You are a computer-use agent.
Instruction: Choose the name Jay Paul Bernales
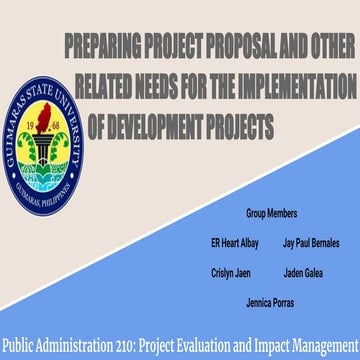(311, 243)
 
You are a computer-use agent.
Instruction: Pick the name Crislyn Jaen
(229, 272)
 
